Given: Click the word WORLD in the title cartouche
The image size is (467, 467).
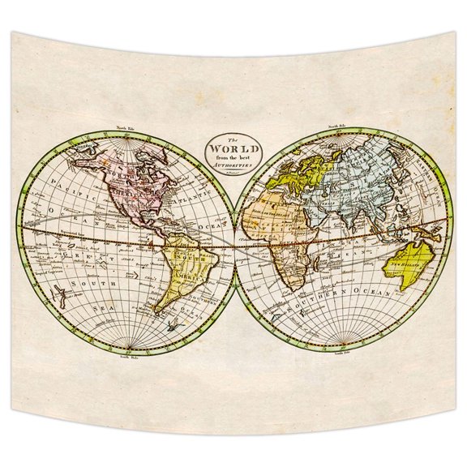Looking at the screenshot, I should [x=233, y=149].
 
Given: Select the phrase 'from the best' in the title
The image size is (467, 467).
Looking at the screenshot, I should [x=233, y=156].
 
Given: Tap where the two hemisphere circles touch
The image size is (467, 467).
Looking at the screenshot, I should [x=234, y=243].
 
